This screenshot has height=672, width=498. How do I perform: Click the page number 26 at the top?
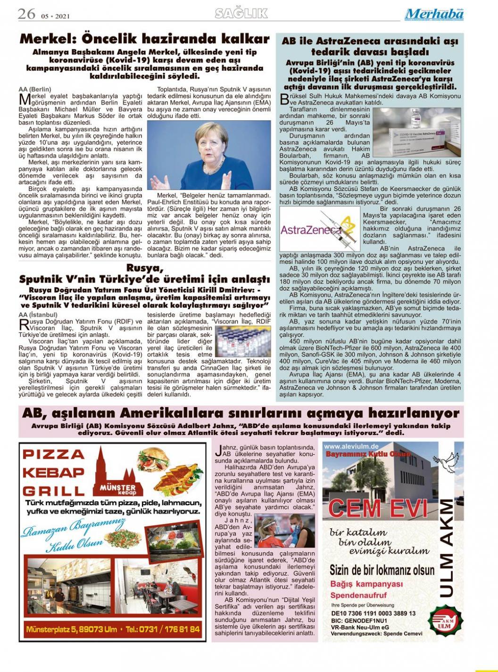point(26,15)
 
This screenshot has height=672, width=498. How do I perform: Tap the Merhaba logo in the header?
point(434,14)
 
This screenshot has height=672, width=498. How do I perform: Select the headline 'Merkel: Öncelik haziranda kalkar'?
point(144,39)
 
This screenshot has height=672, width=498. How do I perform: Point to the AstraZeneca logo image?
point(319,229)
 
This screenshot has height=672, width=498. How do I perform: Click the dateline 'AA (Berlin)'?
point(35,89)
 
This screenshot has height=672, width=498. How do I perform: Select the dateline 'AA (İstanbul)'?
point(38,314)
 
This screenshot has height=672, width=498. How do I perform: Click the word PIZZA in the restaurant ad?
point(53,455)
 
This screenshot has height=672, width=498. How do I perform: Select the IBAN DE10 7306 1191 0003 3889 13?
point(373,613)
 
